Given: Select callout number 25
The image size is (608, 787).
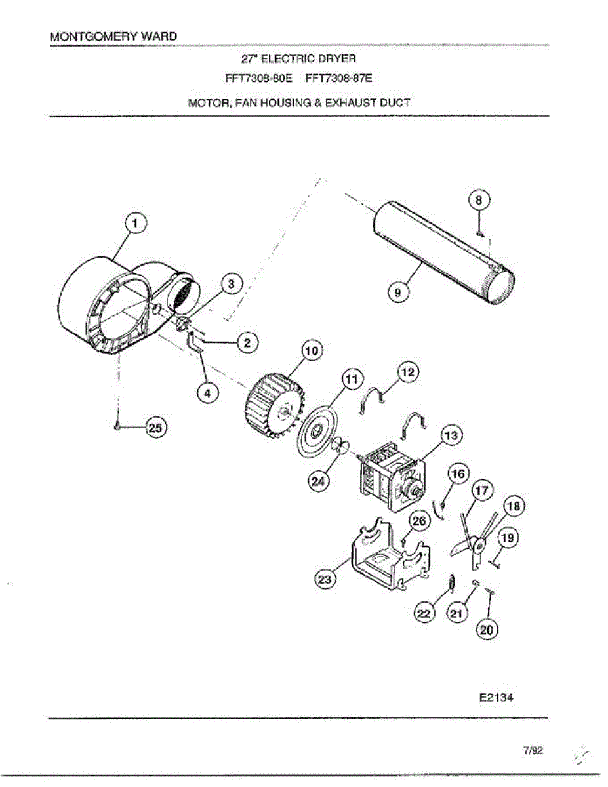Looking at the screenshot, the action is [x=155, y=428].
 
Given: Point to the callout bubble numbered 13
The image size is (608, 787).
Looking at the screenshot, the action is [x=451, y=435].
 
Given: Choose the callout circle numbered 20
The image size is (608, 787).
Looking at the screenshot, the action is [x=486, y=630].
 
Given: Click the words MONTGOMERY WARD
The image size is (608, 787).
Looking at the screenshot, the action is [x=113, y=36].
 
